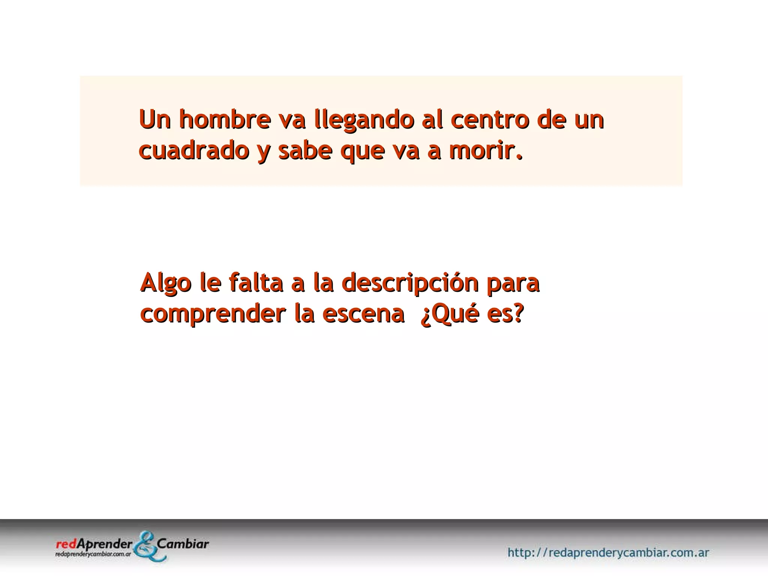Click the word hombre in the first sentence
(x=225, y=119)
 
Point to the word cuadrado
(x=194, y=151)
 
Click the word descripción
(x=411, y=283)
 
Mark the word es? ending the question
(x=505, y=314)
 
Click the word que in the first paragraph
(x=362, y=151)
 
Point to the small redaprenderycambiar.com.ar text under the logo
(x=93, y=554)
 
